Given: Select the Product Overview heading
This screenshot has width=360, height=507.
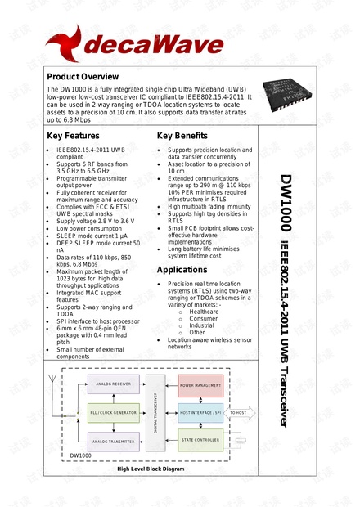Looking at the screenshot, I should (83, 77).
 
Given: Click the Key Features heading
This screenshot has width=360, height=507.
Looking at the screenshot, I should (74, 136).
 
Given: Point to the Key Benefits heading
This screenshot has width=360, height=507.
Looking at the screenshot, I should (182, 136).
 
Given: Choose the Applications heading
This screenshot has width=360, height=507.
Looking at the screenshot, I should (182, 269).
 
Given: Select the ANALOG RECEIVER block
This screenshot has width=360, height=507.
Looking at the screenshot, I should (114, 384).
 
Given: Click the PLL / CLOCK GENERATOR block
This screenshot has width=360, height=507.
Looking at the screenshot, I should (114, 413).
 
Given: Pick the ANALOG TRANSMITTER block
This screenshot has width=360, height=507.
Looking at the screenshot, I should (114, 442).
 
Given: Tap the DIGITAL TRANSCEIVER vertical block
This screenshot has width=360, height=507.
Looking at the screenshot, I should (156, 413).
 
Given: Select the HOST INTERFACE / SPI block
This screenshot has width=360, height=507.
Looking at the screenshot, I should (200, 413).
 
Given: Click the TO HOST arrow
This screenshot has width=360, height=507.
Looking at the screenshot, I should (241, 413).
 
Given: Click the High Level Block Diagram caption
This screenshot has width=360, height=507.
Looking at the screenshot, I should (151, 469).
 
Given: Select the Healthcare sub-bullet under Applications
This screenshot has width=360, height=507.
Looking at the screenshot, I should (204, 312).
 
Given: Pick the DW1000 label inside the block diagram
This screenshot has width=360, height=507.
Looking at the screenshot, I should (79, 455).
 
